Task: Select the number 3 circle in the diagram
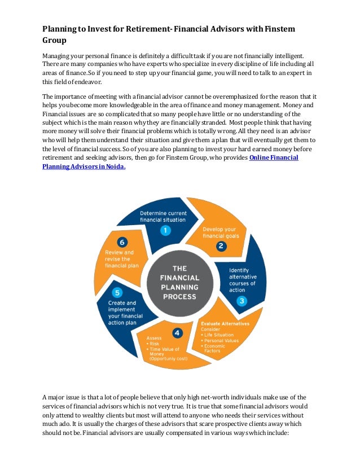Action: click(x=242, y=301)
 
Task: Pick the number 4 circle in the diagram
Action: click(x=177, y=333)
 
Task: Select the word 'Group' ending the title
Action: click(x=55, y=41)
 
